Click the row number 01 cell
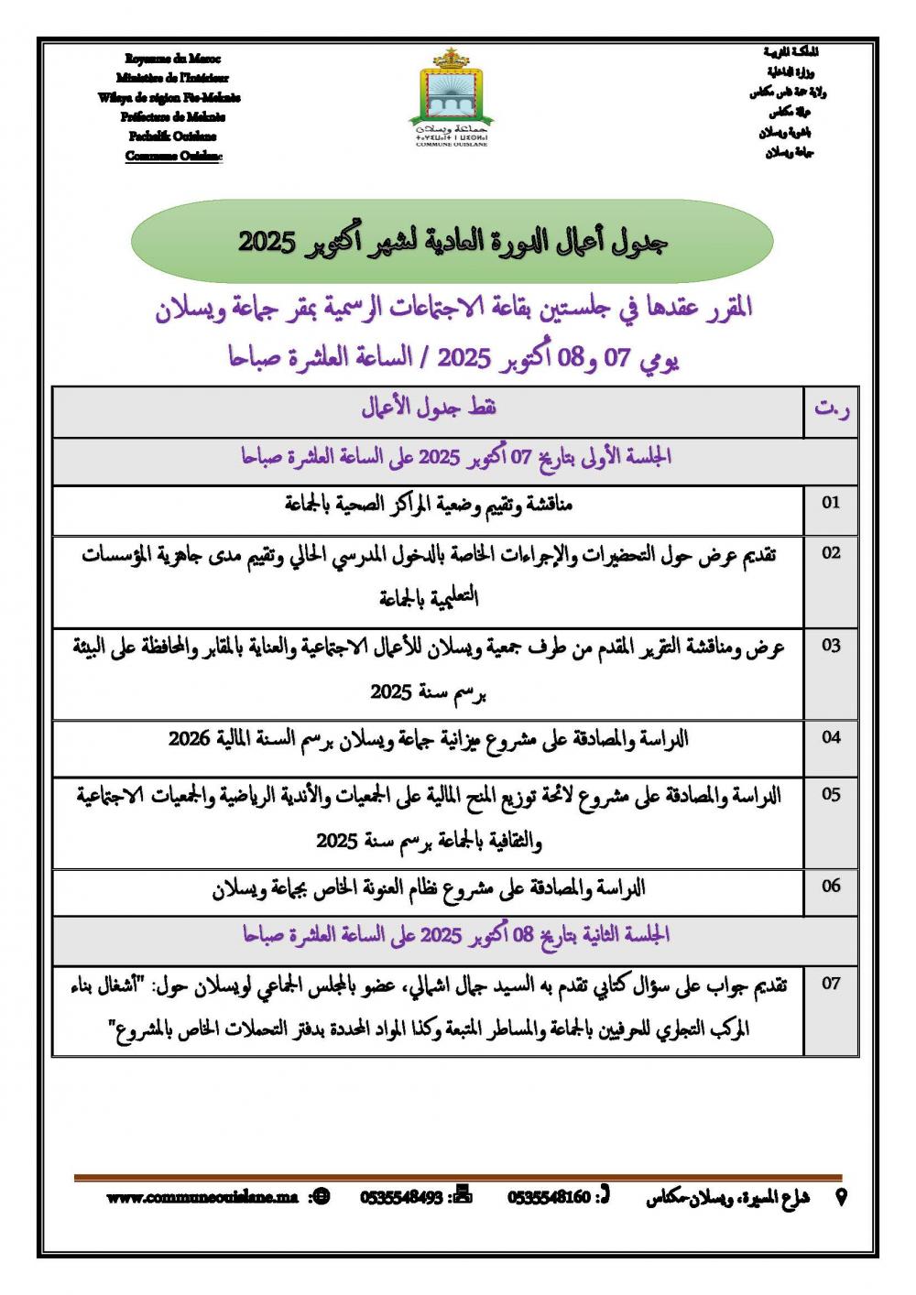pyautogui.click(x=831, y=503)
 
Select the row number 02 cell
pyautogui.click(x=831, y=553)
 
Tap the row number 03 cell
pyautogui.click(x=831, y=646)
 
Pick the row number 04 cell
pyautogui.click(x=831, y=737)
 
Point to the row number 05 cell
pyautogui.click(x=831, y=795)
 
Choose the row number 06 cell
pyautogui.click(x=831, y=886)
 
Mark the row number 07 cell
pyautogui.click(x=831, y=985)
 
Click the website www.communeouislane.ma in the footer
pyautogui.click(x=202, y=1197)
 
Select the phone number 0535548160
pyautogui.click(x=549, y=1197)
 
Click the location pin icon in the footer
pyautogui.click(x=841, y=1197)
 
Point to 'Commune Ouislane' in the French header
pyautogui.click(x=173, y=156)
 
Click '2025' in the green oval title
pyautogui.click(x=266, y=243)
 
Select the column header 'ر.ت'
pyautogui.click(x=831, y=410)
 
